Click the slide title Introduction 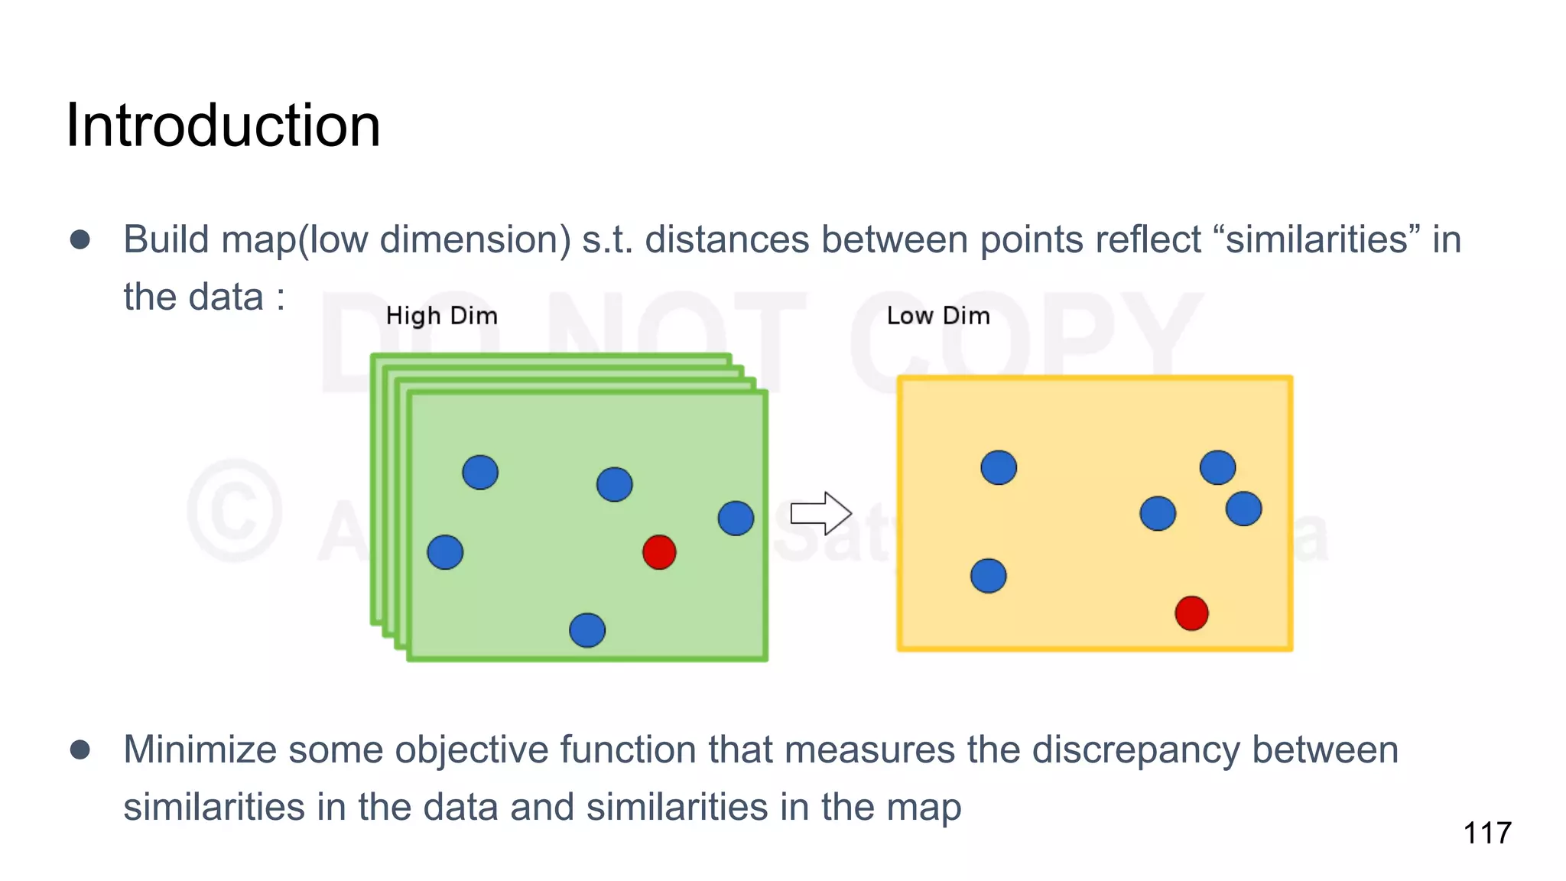coord(223,125)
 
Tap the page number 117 coord(1486,833)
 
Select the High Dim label coord(441,316)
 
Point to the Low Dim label coord(937,316)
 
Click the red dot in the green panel coord(659,552)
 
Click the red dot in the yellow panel coord(1191,613)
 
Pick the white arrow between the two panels coord(820,513)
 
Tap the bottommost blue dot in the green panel coord(587,630)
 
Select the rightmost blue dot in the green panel coord(736,519)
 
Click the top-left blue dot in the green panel coord(480,472)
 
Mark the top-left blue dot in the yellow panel coord(999,467)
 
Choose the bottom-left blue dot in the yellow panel coord(988,576)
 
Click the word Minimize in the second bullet coord(200,749)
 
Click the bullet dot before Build coord(80,240)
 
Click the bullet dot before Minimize coord(80,749)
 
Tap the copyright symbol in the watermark coord(235,511)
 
